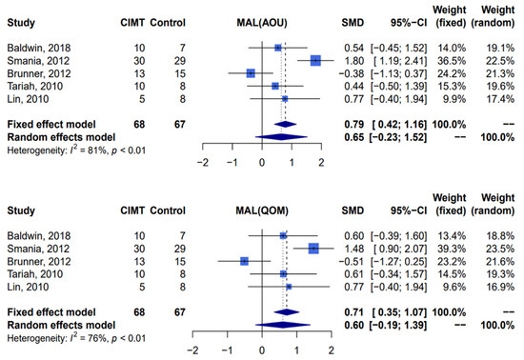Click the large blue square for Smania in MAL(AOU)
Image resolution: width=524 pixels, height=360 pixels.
(315, 59)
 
